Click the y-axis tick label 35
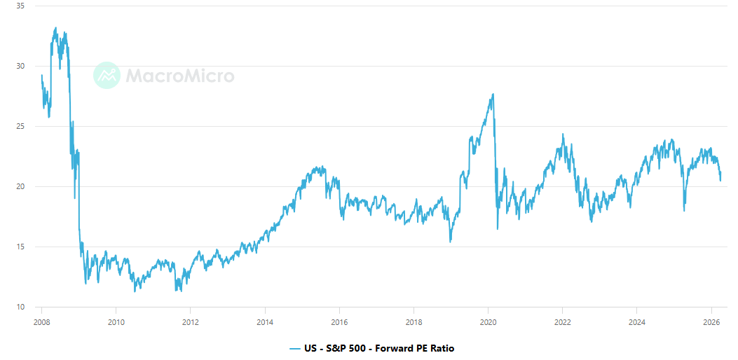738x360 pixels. [20, 6]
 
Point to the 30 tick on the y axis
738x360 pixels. [20, 66]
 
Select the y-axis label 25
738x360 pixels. [20, 126]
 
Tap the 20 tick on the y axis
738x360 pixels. [20, 186]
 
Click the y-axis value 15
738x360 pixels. [20, 247]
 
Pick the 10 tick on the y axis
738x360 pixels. [20, 307]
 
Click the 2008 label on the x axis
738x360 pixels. [41, 323]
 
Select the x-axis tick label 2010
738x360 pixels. [116, 323]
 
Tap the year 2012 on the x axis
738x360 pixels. [190, 323]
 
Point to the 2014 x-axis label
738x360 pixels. [265, 323]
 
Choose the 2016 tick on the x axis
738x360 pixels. [339, 323]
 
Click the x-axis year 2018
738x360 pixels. [414, 323]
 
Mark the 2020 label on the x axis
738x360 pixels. [488, 323]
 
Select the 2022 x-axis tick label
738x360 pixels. [562, 323]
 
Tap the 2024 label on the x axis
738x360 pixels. [636, 323]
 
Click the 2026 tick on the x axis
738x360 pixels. [711, 323]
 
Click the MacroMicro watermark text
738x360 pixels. [180, 76]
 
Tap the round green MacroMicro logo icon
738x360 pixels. [107, 76]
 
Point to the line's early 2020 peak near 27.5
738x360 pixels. [493, 95]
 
